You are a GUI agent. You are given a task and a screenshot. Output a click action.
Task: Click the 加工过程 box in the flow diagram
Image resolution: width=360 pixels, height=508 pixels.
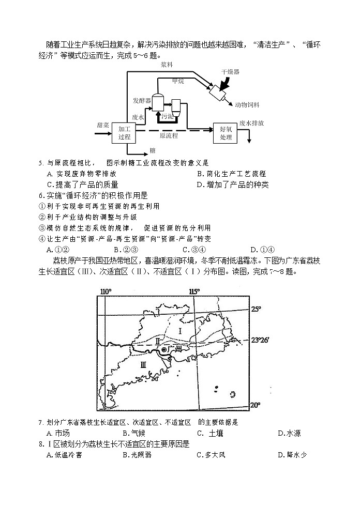(124, 133)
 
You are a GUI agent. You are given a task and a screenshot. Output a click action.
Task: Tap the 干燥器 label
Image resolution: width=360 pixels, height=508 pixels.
(230, 72)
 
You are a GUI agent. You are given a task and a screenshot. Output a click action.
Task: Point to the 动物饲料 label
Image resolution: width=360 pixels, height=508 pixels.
(247, 104)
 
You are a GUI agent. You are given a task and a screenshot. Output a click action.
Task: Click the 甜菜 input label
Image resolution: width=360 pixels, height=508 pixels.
(102, 125)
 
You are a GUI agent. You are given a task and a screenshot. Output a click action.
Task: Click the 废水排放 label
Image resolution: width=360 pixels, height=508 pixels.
(252, 124)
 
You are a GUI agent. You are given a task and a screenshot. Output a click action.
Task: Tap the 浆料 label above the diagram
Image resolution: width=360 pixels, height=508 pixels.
(167, 65)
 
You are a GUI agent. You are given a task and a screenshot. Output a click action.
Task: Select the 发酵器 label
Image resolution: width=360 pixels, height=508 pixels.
(141, 100)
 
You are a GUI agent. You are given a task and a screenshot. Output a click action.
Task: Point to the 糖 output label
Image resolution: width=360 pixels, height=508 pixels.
(153, 150)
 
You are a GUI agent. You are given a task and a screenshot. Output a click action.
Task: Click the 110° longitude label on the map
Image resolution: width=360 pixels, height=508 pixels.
(105, 291)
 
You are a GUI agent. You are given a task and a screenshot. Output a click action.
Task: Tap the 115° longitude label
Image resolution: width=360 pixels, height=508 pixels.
(194, 291)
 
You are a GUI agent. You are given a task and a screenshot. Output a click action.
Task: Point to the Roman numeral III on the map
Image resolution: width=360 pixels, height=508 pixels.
(143, 364)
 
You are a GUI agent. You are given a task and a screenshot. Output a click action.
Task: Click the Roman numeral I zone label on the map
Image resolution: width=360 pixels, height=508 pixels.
(180, 330)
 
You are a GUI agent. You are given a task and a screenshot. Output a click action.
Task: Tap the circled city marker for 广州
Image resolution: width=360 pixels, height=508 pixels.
(164, 350)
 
